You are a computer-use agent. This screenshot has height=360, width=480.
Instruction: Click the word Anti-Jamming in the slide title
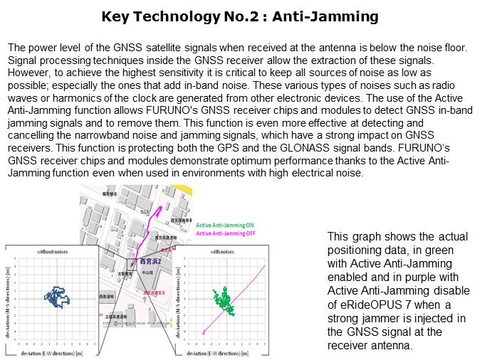[x=330, y=16]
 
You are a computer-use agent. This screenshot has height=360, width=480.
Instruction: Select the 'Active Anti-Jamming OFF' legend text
[x=226, y=233]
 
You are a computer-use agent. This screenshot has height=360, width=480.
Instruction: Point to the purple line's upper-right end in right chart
[x=264, y=267]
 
